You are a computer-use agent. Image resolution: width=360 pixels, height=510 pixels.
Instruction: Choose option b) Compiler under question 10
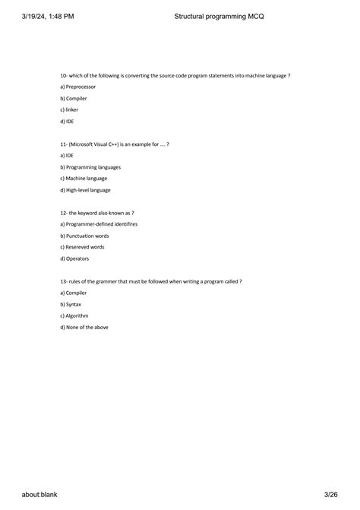pyautogui.click(x=73, y=98)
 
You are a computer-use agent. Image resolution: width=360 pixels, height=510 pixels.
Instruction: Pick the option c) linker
pyautogui.click(x=69, y=109)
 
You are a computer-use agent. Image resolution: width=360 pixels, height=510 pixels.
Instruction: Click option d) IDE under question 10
pyautogui.click(x=67, y=121)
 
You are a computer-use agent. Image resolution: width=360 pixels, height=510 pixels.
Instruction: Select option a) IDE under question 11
pyautogui.click(x=67, y=155)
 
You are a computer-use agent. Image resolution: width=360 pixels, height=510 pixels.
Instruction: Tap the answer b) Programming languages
pyautogui.click(x=90, y=166)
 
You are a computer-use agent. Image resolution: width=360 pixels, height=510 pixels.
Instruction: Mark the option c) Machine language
pyautogui.click(x=84, y=178)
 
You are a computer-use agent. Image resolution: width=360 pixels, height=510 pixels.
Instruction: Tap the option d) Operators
pyautogui.click(x=74, y=258)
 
